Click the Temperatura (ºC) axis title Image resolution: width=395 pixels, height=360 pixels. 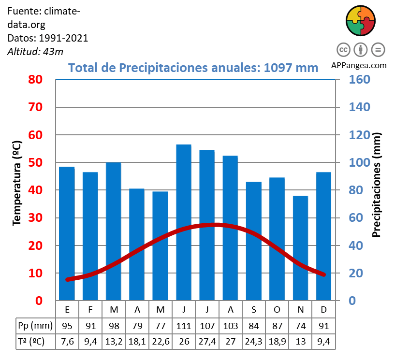pyautogui.click(x=17, y=183)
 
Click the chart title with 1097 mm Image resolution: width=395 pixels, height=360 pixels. pyautogui.click(x=193, y=67)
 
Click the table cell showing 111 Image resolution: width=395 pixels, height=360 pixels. pyautogui.click(x=184, y=325)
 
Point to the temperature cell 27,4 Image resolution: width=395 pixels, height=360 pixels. pyautogui.click(x=207, y=342)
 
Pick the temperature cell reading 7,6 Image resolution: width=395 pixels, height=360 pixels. pyautogui.click(x=67, y=342)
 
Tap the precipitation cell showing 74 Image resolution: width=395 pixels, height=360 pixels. pyautogui.click(x=300, y=325)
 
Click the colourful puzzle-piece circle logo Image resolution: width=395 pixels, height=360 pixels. pyautogui.click(x=361, y=21)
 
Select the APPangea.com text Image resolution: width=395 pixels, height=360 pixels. pyautogui.click(x=359, y=65)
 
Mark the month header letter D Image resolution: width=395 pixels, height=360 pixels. pyautogui.click(x=323, y=309)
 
